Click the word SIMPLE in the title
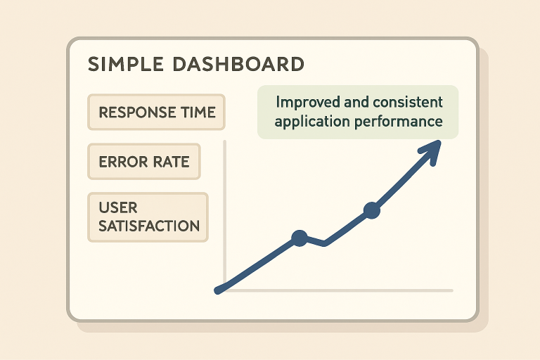126,64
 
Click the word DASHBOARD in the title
238,64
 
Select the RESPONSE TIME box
156,112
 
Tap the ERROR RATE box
144,162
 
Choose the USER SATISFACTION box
148,217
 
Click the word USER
118,207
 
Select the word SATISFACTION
149,226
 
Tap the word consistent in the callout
408,102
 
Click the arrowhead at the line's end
431,150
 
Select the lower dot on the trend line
300,238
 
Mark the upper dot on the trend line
372,210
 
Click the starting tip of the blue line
217,291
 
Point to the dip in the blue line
324,244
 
